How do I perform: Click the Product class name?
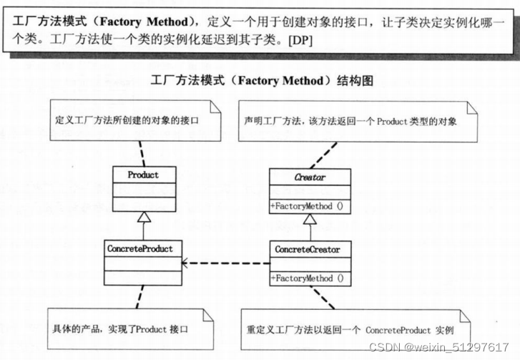[143, 175]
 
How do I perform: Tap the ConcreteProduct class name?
[143, 249]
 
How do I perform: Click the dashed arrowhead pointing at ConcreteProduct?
[187, 263]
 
